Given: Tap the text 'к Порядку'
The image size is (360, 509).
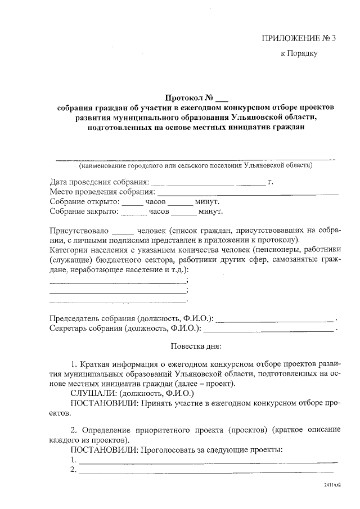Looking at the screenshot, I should pos(300,54).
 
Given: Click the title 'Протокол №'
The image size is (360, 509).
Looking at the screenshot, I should pos(191,97).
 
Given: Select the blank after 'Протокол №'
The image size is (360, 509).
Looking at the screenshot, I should pos(222,99).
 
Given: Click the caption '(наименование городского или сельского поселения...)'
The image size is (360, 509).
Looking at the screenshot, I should pos(196,166).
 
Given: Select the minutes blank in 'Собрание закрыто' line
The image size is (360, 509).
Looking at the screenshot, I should pos(184,213).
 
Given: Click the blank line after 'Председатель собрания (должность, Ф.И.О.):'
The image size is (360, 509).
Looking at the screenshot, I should pos(275,320).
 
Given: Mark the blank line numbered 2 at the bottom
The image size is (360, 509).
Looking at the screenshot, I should pos(206,471).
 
